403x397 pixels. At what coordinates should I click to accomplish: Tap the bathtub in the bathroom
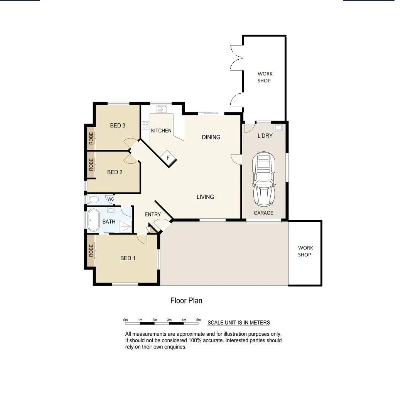(x=93, y=221)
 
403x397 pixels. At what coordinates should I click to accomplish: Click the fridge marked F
(x=168, y=157)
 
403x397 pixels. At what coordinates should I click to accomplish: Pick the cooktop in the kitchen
(x=145, y=125)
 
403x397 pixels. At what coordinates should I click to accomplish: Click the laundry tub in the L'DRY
(x=278, y=127)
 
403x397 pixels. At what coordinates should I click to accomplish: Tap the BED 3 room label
(x=118, y=126)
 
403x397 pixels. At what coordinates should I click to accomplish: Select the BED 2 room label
(x=115, y=172)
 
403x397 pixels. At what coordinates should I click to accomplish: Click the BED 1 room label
(x=128, y=258)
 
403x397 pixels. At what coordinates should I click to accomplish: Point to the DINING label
(x=211, y=137)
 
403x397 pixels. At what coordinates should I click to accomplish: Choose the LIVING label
(x=205, y=197)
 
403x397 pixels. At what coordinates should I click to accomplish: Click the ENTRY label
(x=153, y=214)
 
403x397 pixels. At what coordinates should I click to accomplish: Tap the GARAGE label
(x=263, y=213)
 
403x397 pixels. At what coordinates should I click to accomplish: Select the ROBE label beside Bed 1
(x=91, y=251)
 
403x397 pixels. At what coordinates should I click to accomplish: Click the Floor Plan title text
(x=186, y=301)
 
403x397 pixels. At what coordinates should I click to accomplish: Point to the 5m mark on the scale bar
(x=199, y=320)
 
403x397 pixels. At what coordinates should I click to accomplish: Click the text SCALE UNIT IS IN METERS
(x=238, y=323)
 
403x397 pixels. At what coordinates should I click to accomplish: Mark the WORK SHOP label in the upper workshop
(x=265, y=77)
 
